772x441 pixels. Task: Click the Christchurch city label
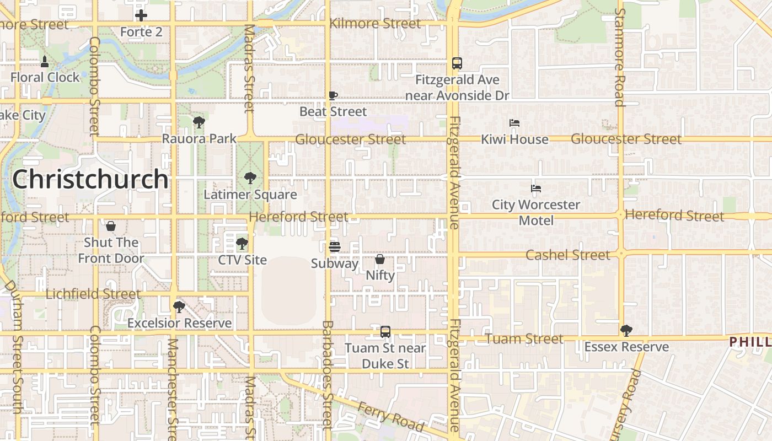90,179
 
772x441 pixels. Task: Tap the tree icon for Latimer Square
250,178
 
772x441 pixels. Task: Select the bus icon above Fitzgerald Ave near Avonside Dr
457,63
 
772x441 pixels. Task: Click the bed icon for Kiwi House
514,123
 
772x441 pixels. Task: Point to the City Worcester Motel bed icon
536,189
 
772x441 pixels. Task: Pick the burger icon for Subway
335,246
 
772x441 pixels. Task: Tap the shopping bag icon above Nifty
380,259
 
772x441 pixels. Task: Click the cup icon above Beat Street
333,95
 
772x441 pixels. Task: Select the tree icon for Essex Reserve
626,330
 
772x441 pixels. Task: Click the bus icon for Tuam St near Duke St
385,332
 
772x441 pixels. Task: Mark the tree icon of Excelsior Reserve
179,306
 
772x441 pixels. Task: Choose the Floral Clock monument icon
45,61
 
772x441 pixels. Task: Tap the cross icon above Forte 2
141,15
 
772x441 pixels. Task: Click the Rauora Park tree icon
199,122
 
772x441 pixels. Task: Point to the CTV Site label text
243,260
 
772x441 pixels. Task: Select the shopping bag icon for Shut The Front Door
111,226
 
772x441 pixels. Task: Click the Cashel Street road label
568,255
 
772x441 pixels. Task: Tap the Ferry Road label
391,416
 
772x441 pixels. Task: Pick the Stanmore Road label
619,57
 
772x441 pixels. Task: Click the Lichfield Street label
93,294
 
